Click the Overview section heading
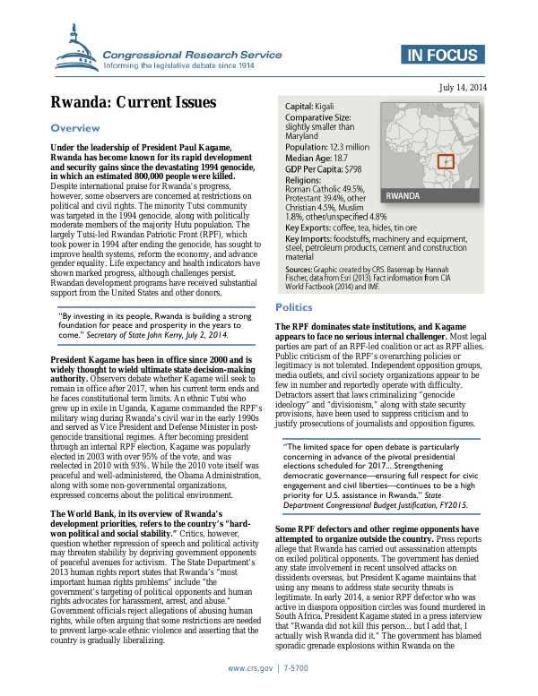click(x=75, y=129)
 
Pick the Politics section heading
click(x=294, y=307)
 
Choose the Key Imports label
click(x=309, y=239)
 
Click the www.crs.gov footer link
click(x=252, y=669)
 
